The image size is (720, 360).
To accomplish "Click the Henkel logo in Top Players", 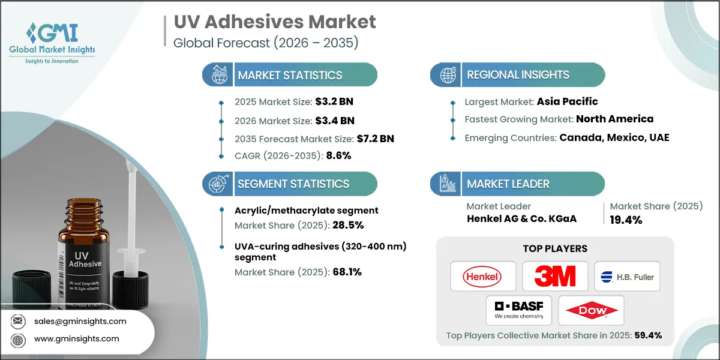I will point(482,276).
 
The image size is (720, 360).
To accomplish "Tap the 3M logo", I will point(554,276).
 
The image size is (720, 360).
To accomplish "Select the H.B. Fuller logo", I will point(627,277).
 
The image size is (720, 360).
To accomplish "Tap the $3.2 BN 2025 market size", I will point(342,102).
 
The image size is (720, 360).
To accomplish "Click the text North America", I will point(615,119).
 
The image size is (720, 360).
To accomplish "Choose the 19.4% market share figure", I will point(626,220).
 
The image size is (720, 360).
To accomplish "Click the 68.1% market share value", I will point(346,271).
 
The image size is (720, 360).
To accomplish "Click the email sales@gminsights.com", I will point(80,321).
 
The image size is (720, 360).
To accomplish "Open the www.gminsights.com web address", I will point(76,339).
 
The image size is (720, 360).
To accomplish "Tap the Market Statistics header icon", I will point(218,75).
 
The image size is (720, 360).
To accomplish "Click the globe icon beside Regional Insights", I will point(447,75).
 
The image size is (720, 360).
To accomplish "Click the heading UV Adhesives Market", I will point(275,22).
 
